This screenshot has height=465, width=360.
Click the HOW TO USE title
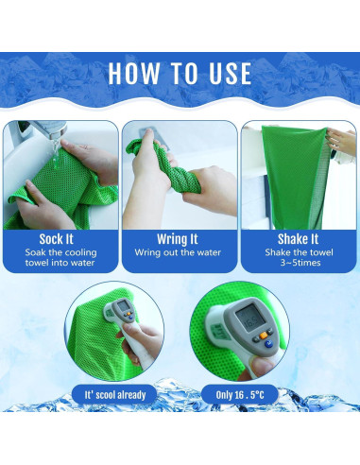pyautogui.click(x=180, y=74)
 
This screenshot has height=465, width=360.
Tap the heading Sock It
pyautogui.click(x=57, y=239)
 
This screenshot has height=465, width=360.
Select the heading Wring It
pyautogui.click(x=178, y=239)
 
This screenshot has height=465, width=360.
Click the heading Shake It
pyautogui.click(x=298, y=239)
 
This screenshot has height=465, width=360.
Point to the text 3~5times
pyautogui.click(x=300, y=263)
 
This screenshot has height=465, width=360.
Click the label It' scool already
pyautogui.click(x=115, y=395)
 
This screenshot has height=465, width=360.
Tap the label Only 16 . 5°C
pyautogui.click(x=240, y=395)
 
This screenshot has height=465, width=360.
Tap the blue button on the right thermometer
pyautogui.click(x=268, y=344)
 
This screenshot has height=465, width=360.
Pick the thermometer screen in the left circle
pyautogui.click(x=124, y=305)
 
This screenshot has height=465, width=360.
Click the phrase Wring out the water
pyautogui.click(x=178, y=252)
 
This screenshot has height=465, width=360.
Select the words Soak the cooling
pyautogui.click(x=60, y=252)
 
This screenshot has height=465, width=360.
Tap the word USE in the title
pyautogui.click(x=231, y=74)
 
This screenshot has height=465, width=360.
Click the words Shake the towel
pyautogui.click(x=299, y=252)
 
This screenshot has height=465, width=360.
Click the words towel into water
pyautogui.click(x=60, y=263)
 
